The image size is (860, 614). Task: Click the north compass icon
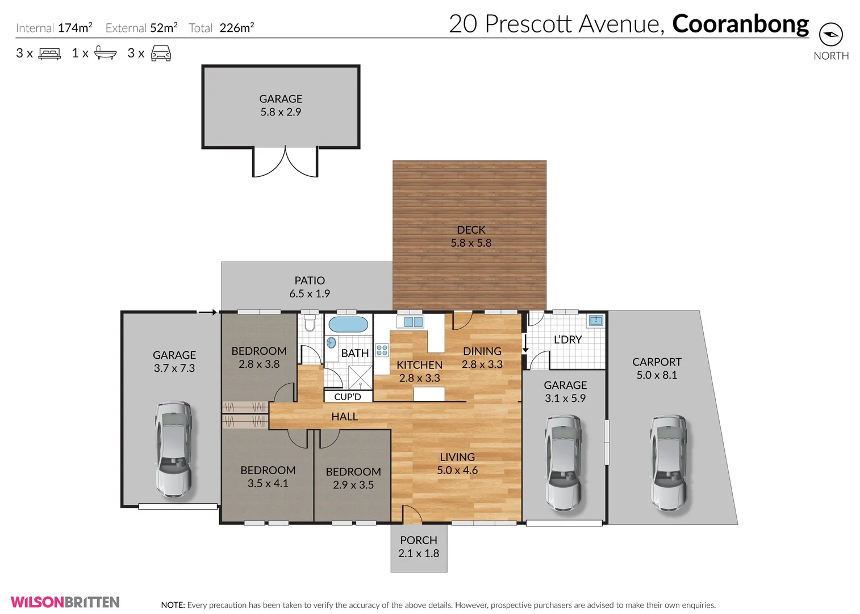click(x=830, y=35)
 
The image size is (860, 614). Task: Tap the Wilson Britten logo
click(x=65, y=602)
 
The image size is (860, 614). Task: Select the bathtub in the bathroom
click(x=348, y=325)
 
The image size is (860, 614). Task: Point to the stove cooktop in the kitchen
click(x=382, y=350)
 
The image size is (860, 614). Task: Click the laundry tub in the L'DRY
click(x=595, y=321)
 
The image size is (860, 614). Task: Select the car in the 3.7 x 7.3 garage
click(x=173, y=449)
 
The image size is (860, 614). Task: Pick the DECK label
click(x=471, y=230)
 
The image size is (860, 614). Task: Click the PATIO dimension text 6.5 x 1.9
click(x=310, y=294)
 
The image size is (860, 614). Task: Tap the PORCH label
click(x=419, y=540)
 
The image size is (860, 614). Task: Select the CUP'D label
click(x=348, y=397)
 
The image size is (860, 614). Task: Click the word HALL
click(x=344, y=417)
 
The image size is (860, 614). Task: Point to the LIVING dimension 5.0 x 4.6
click(x=457, y=470)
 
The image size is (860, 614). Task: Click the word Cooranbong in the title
click(x=740, y=24)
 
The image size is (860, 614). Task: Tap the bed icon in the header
click(x=49, y=54)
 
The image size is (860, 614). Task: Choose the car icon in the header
click(x=161, y=54)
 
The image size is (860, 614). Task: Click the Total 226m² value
click(x=237, y=28)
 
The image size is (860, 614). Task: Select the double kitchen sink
click(x=414, y=322)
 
